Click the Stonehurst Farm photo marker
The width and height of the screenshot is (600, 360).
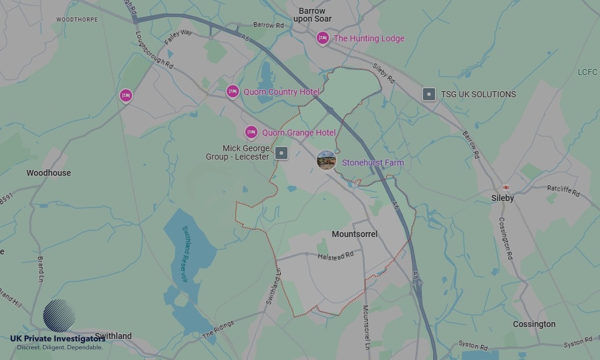click(x=326, y=160)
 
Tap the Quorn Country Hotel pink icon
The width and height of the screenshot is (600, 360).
click(x=233, y=91)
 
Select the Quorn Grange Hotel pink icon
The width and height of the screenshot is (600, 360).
click(x=251, y=132)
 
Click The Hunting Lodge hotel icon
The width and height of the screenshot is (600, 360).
click(x=323, y=38)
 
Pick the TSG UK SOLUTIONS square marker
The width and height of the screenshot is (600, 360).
click(x=428, y=94)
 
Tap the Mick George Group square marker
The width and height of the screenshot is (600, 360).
click(x=281, y=153)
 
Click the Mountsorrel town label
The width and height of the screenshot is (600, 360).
click(x=355, y=234)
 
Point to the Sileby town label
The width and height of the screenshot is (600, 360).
click(x=502, y=198)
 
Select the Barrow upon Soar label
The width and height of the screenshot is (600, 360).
click(x=312, y=15)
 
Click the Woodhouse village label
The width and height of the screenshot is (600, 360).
click(x=49, y=173)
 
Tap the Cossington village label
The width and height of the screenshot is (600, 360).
click(x=534, y=324)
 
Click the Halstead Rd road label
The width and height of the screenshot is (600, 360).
click(x=335, y=256)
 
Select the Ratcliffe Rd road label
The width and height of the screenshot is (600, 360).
click(x=563, y=191)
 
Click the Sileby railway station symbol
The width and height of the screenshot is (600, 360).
click(x=506, y=187)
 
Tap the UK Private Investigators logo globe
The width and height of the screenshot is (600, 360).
click(x=59, y=316)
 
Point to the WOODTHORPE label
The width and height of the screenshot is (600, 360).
click(x=77, y=20)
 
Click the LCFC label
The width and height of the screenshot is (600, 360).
click(x=587, y=72)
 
